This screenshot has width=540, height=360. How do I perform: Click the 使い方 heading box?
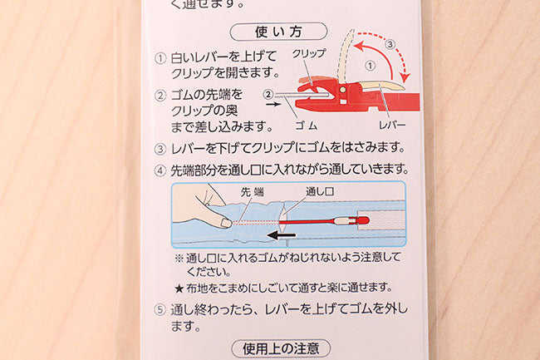[x=278, y=32]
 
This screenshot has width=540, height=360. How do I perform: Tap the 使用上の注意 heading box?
[x=281, y=348]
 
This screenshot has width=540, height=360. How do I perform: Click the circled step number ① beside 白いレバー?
[x=160, y=58]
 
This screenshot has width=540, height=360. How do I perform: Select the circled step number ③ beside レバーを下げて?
[x=160, y=149]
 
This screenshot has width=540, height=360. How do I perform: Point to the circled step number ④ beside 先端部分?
[x=160, y=171]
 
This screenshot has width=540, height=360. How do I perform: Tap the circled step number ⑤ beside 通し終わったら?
[x=160, y=310]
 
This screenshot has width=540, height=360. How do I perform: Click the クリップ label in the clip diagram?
[x=309, y=53]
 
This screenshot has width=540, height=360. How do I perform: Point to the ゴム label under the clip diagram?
[x=307, y=126]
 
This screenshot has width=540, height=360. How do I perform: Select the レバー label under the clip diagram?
[x=392, y=126]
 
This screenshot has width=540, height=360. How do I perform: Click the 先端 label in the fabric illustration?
[x=252, y=192]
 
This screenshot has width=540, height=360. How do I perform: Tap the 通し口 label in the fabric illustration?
[x=320, y=191]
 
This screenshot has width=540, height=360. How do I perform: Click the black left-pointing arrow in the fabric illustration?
[x=282, y=235]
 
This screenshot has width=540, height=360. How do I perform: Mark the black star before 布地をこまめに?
[x=179, y=288]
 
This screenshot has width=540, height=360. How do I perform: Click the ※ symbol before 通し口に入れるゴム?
[x=179, y=259]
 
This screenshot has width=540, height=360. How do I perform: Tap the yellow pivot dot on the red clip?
[x=343, y=90]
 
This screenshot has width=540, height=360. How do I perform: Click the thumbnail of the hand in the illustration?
[x=226, y=223]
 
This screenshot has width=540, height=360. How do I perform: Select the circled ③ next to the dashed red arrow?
[x=390, y=44]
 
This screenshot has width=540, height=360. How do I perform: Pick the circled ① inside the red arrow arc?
[x=370, y=66]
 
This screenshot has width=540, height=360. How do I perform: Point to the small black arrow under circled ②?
[x=274, y=104]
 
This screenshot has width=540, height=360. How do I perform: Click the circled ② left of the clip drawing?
[x=268, y=95]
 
